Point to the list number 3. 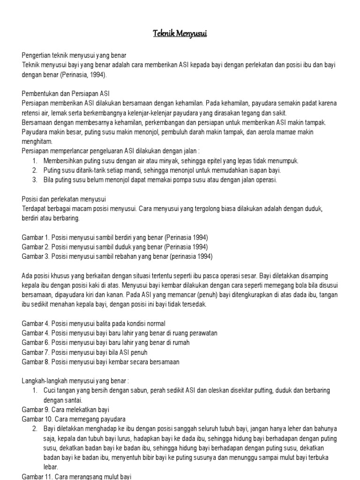35,180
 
